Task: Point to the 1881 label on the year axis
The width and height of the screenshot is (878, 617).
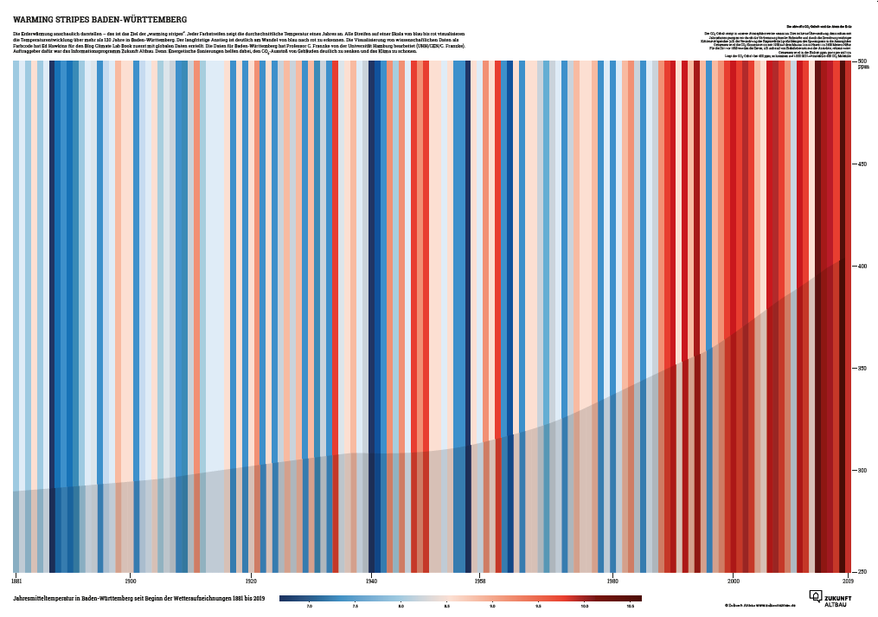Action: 17,580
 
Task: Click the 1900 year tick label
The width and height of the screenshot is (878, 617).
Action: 131,580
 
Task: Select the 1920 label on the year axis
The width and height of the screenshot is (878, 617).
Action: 251,580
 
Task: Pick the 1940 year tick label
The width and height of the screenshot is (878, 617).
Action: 371,580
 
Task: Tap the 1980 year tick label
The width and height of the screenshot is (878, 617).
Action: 612,580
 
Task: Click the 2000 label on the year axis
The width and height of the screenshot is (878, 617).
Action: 734,580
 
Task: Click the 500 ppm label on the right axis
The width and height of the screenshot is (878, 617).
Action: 862,61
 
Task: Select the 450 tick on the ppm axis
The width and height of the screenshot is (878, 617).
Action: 862,164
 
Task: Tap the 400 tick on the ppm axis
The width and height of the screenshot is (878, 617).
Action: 862,266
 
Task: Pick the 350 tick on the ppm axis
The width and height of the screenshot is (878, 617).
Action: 862,369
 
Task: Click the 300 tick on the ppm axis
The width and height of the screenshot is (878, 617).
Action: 862,471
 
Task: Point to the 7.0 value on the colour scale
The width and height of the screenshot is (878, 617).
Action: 310,606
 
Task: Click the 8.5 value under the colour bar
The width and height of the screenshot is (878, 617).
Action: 446,606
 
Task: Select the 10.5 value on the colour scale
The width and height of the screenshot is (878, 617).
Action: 630,606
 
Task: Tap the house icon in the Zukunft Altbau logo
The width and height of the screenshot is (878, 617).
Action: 816,596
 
